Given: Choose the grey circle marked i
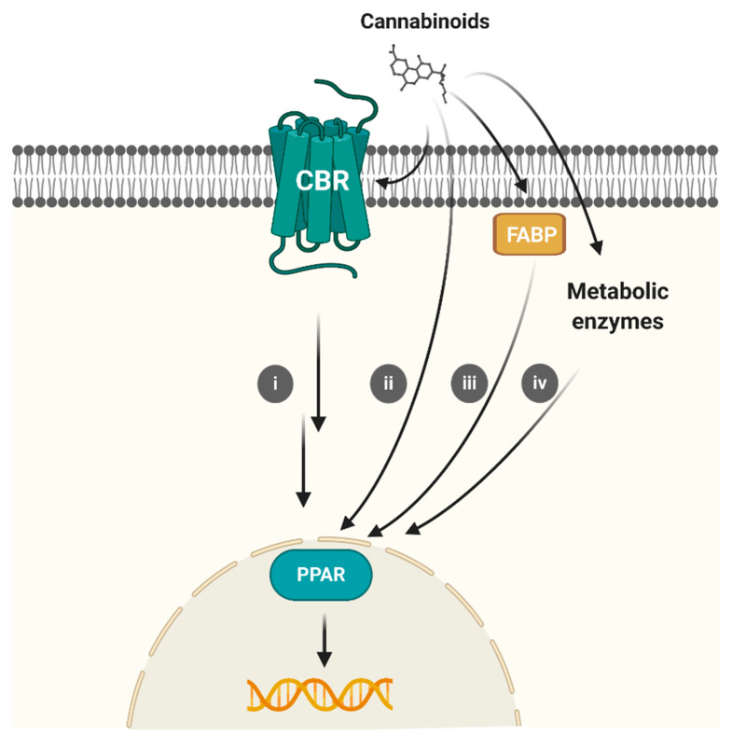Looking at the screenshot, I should [276, 382].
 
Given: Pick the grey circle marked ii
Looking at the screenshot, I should [387, 382].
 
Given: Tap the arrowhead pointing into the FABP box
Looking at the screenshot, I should [523, 192].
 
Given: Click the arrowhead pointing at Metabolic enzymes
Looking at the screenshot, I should [595, 248].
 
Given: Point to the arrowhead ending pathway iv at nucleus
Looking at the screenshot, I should [411, 531].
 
